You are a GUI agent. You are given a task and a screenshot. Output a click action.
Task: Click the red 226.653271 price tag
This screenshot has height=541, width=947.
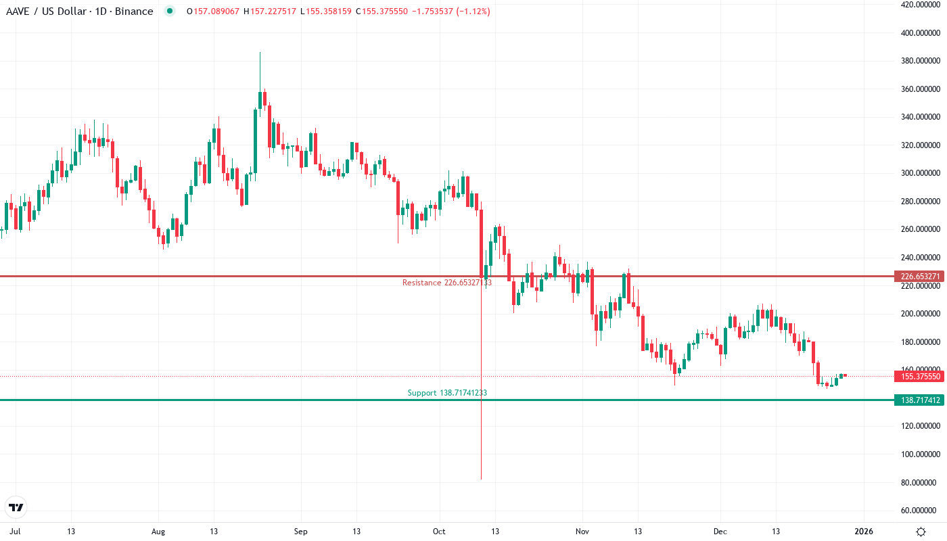click(x=918, y=277)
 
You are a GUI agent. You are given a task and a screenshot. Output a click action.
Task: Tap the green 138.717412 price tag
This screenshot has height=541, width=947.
click(x=918, y=400)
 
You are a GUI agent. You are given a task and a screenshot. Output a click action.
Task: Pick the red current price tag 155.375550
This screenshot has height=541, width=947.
click(x=918, y=376)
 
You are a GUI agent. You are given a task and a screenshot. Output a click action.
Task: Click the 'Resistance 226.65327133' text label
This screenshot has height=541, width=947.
click(x=446, y=283)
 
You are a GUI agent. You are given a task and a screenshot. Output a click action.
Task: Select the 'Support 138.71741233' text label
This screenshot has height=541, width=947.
click(x=447, y=393)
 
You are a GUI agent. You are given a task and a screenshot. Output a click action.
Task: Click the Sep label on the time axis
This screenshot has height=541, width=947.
click(x=301, y=532)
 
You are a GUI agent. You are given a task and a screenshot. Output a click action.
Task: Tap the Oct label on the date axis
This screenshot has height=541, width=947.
click(x=440, y=532)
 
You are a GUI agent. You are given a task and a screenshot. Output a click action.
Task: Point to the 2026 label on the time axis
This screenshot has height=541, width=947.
click(x=863, y=532)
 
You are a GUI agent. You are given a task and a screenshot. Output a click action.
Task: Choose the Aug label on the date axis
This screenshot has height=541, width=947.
click(x=158, y=532)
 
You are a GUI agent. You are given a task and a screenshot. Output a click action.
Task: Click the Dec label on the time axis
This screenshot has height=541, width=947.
click(x=721, y=532)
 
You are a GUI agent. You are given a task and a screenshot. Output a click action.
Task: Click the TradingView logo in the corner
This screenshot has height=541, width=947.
click(x=16, y=507)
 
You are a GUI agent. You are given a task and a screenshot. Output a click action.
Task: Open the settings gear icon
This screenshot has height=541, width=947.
click(x=921, y=532)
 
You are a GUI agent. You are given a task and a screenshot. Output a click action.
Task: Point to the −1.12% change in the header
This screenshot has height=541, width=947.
click(x=473, y=11)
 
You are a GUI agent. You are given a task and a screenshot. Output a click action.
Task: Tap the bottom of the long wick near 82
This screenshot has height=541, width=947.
click(x=481, y=478)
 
